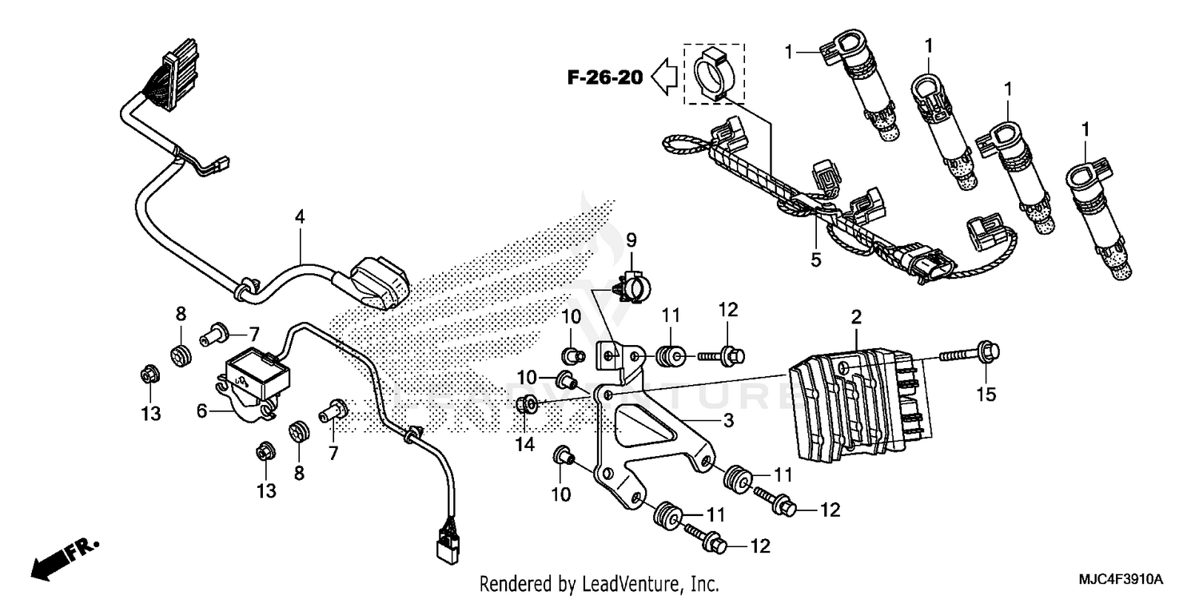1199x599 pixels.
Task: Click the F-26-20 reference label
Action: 605,77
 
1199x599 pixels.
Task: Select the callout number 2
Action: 856,318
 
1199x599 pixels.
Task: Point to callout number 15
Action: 987,395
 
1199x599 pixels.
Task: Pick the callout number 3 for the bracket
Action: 728,422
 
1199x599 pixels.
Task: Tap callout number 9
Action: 631,239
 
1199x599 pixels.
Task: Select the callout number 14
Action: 524,446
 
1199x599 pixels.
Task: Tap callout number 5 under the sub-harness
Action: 816,259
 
